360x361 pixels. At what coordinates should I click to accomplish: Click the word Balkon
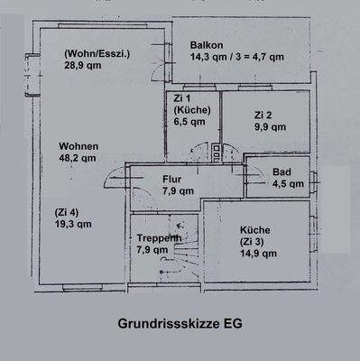(x=208, y=45)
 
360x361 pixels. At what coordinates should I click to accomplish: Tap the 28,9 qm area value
(x=81, y=65)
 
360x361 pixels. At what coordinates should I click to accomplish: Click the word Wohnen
(x=78, y=145)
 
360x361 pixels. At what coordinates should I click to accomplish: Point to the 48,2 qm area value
(x=78, y=157)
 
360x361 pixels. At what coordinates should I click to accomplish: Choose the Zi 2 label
(x=263, y=115)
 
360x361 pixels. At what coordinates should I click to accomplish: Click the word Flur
(x=171, y=179)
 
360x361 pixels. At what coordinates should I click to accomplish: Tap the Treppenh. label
(x=159, y=238)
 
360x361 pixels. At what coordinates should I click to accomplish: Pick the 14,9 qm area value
(x=258, y=254)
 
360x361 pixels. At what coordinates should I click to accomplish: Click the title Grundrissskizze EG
(x=180, y=322)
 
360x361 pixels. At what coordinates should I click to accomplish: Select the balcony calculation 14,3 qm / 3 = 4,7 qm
(x=236, y=57)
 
